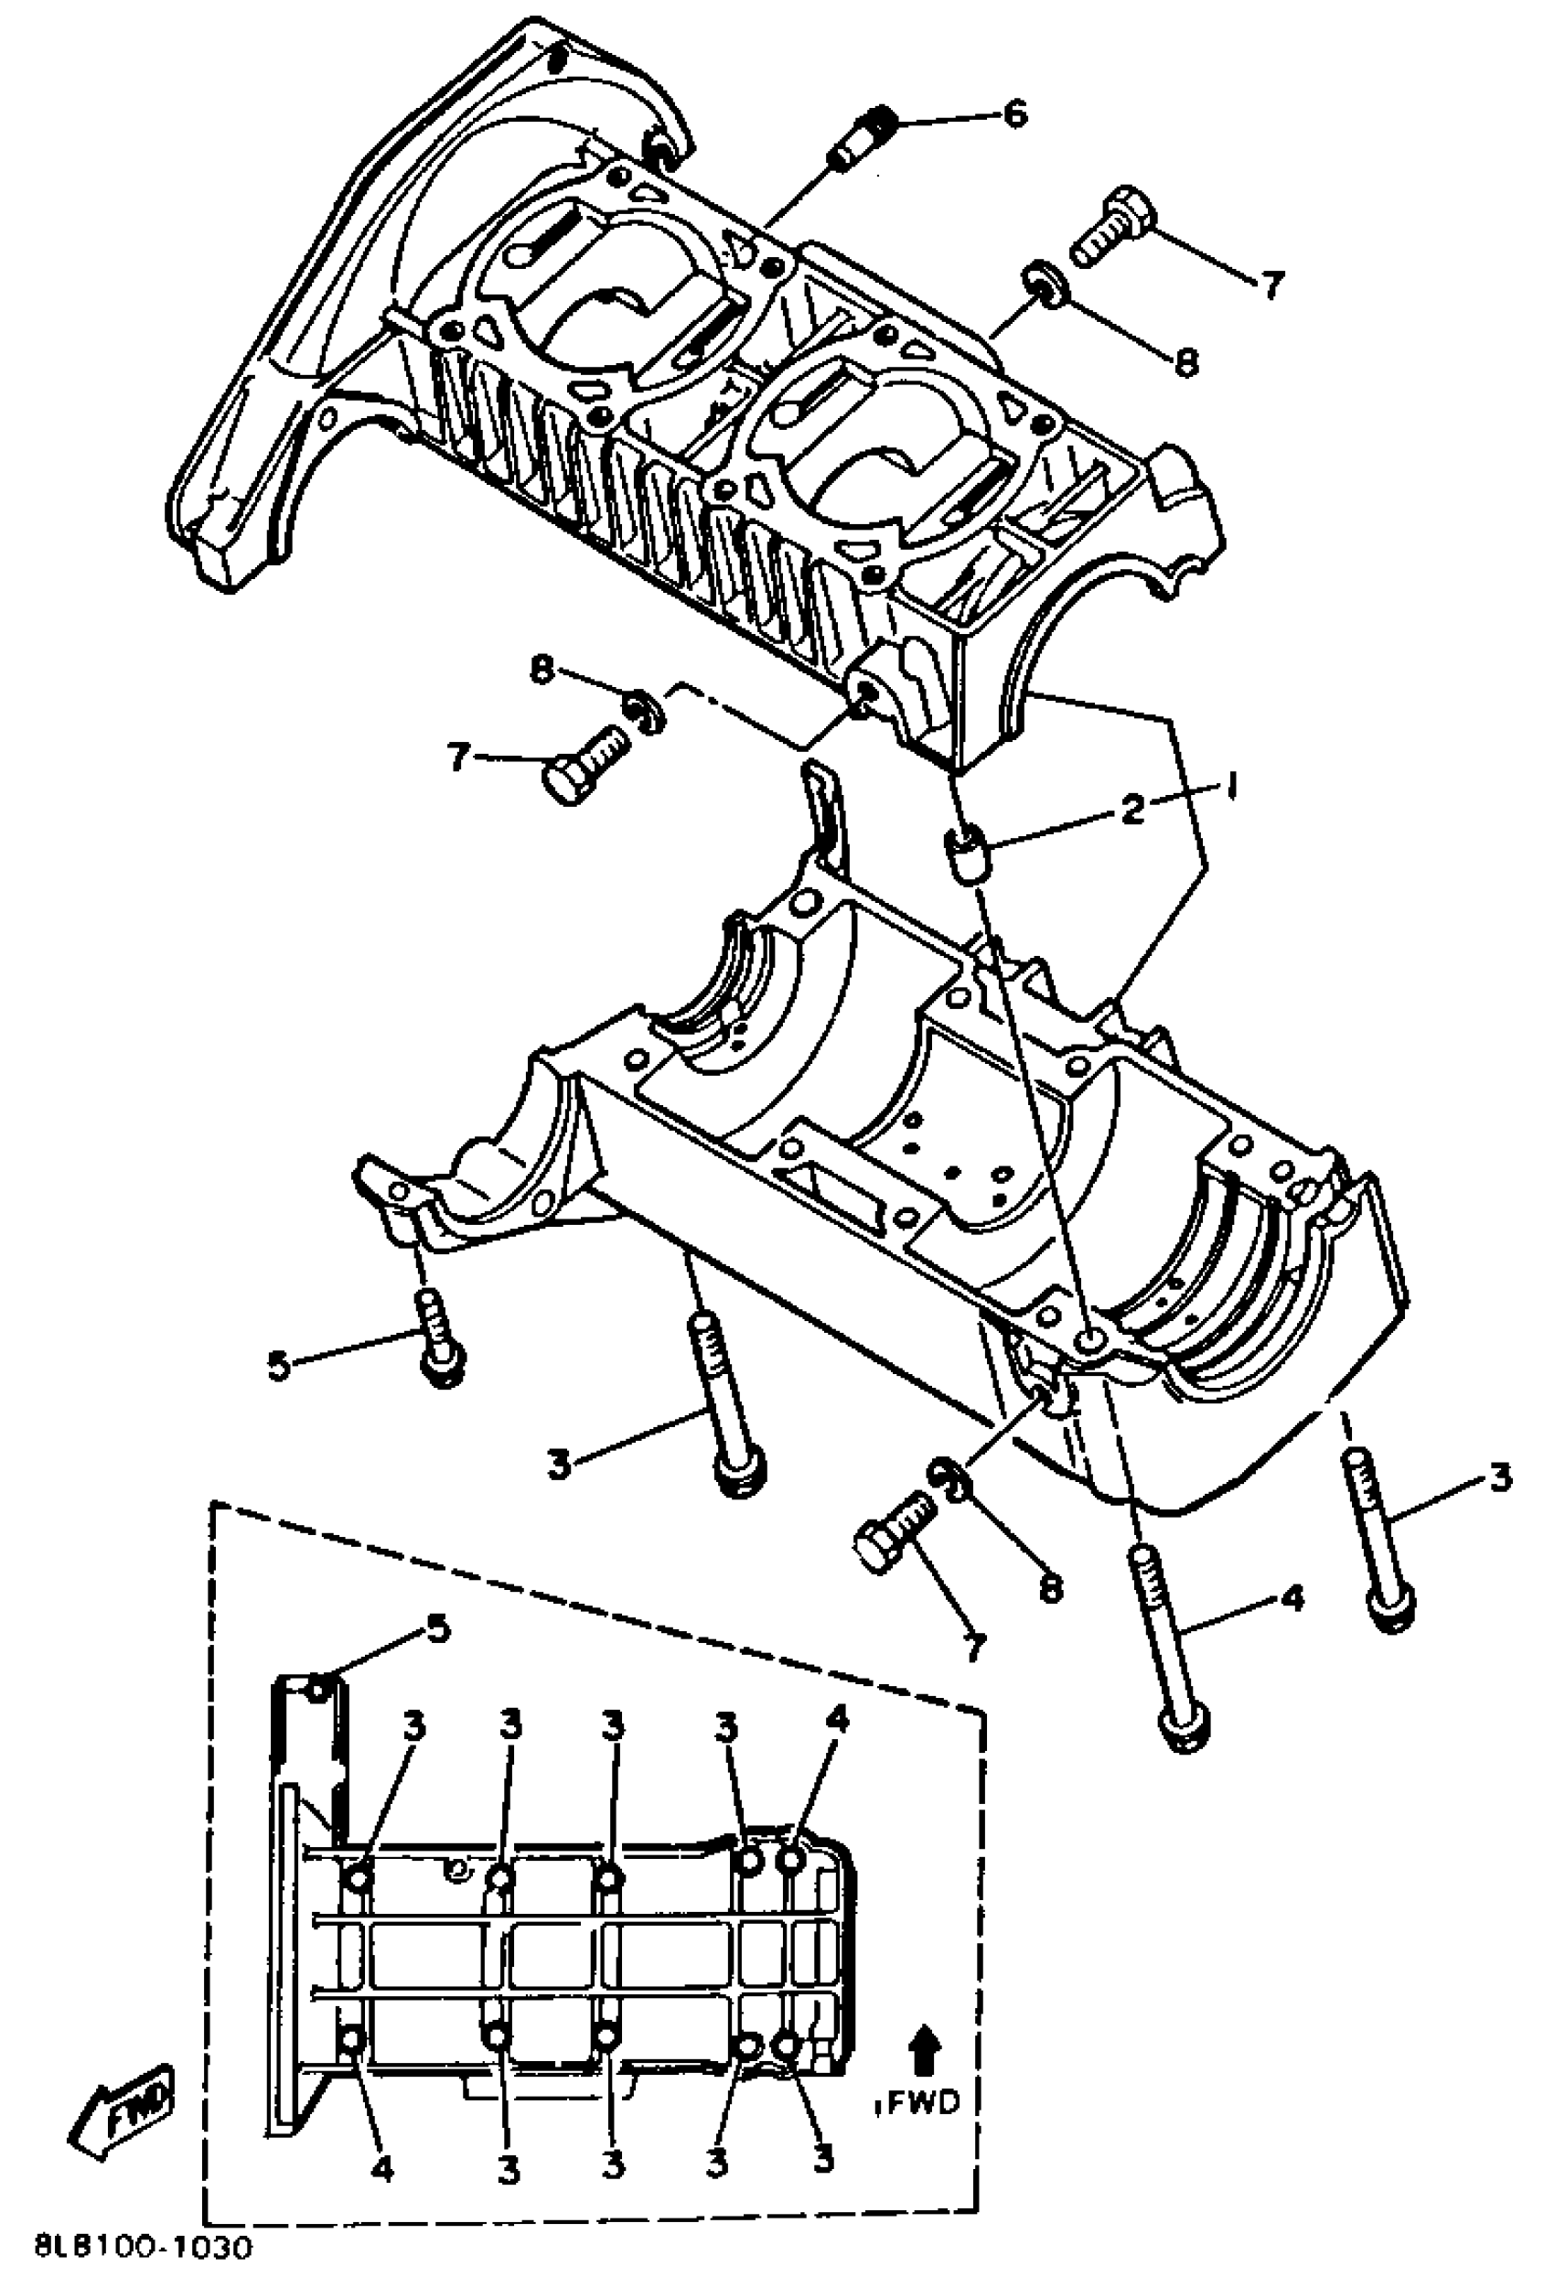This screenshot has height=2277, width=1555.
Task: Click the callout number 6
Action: [x=1015, y=114]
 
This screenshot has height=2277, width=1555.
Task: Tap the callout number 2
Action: [x=1131, y=810]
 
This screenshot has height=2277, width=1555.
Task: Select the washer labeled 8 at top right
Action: [x=1043, y=284]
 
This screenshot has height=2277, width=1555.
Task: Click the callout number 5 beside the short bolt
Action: [x=280, y=1366]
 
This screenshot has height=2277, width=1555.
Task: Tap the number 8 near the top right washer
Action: [x=1185, y=362]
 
